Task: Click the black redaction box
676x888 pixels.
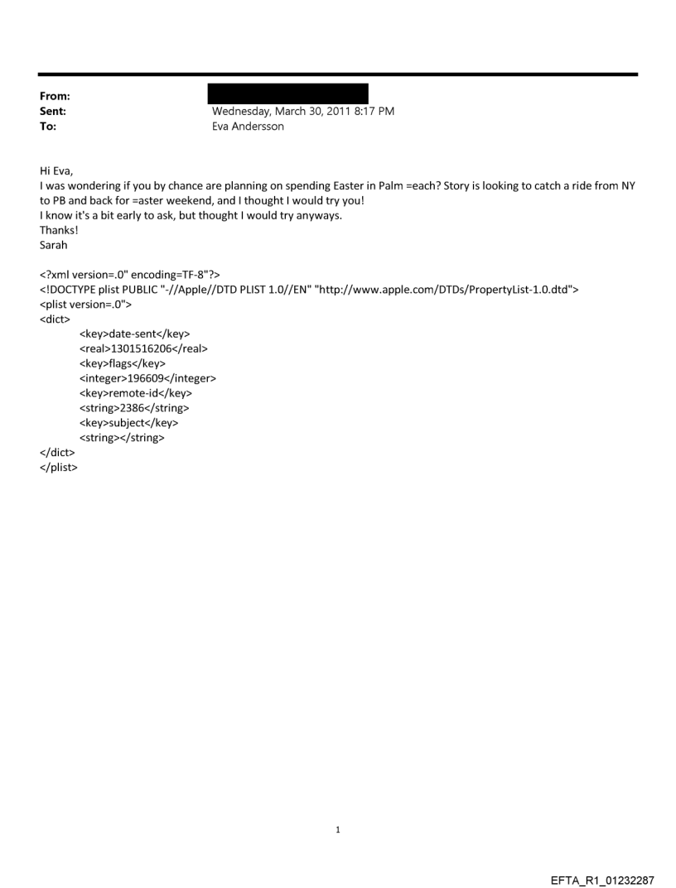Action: coord(287,94)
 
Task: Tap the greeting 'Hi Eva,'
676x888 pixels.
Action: coord(56,171)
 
